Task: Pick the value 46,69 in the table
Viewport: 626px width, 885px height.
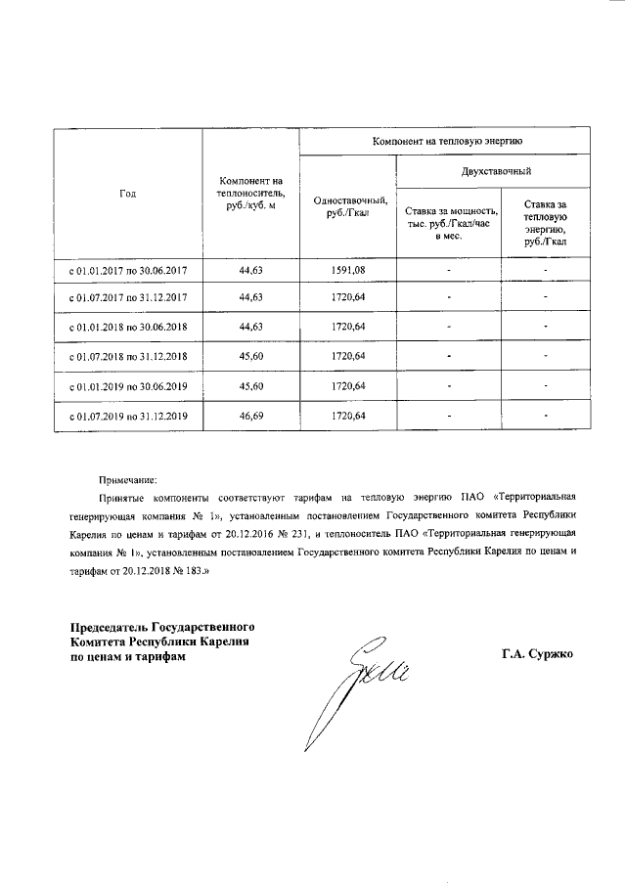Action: pyautogui.click(x=251, y=417)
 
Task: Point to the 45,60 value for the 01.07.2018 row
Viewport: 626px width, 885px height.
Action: pyautogui.click(x=251, y=358)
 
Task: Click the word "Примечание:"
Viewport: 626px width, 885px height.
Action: pyautogui.click(x=127, y=480)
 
